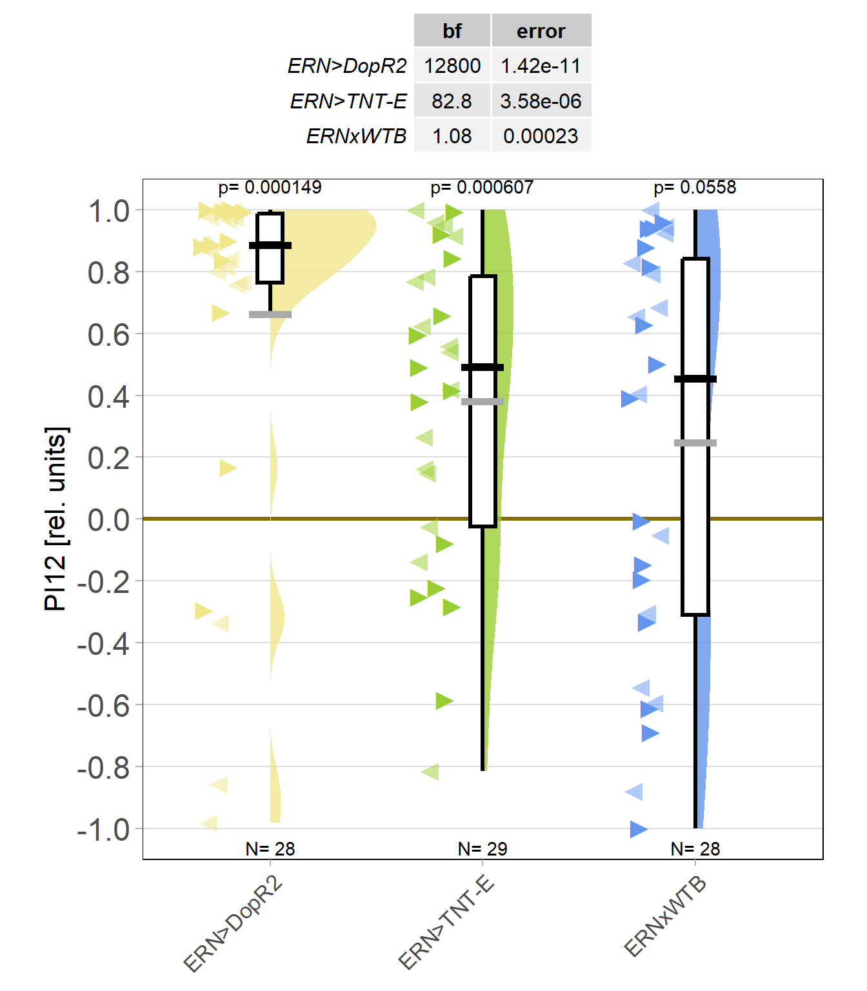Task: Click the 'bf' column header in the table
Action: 452,31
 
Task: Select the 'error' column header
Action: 541,31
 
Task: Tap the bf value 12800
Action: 452,66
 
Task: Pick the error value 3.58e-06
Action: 541,101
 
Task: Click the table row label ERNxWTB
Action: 356,136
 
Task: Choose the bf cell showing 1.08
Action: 452,136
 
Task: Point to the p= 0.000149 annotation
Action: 270,188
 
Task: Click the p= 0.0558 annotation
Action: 695,188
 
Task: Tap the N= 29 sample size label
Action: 483,849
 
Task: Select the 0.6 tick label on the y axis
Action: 108,334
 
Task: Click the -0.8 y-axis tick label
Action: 103,768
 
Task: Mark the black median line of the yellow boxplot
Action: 270,245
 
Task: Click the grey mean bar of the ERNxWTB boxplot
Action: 695,443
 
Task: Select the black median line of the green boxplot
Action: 483,367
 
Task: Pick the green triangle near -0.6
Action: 444,701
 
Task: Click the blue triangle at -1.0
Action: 639,829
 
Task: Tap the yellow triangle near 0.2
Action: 227,468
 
